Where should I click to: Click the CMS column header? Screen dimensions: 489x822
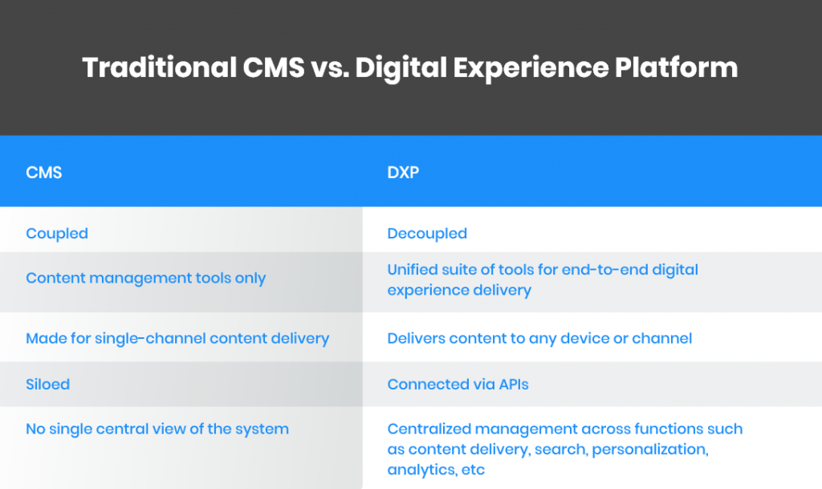[44, 172]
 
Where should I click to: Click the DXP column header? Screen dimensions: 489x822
[403, 172]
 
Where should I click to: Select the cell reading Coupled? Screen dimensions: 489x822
[57, 234]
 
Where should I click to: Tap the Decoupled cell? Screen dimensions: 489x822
[427, 234]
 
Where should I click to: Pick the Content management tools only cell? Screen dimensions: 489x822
[145, 278]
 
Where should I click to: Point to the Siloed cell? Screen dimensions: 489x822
[47, 384]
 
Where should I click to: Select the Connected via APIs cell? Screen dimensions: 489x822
[458, 384]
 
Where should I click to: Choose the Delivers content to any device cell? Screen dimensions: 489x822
[539, 338]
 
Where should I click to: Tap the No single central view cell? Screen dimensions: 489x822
[157, 429]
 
